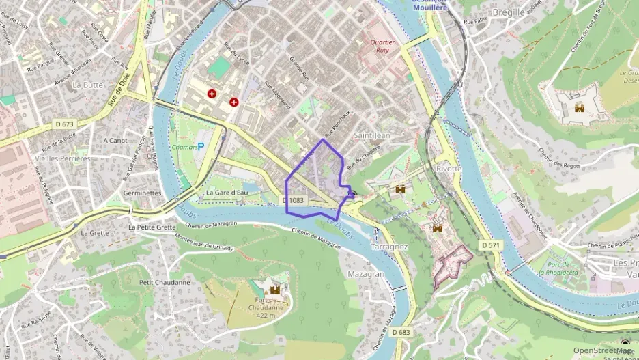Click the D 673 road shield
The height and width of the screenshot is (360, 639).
(x=64, y=124)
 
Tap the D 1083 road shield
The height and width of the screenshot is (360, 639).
(x=292, y=200)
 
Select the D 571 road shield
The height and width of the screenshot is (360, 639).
(x=490, y=245)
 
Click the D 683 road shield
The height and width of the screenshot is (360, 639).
(x=401, y=331)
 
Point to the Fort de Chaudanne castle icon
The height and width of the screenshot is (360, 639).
(x=275, y=290)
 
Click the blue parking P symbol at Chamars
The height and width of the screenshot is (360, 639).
(x=201, y=146)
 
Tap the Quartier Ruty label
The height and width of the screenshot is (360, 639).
(x=382, y=46)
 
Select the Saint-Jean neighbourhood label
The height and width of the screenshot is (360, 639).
(x=372, y=135)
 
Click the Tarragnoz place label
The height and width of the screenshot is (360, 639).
(x=389, y=247)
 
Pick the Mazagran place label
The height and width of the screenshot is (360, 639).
(x=365, y=273)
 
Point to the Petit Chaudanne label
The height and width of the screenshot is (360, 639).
(x=164, y=282)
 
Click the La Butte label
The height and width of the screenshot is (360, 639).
(x=87, y=85)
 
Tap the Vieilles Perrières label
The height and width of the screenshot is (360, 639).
(x=61, y=158)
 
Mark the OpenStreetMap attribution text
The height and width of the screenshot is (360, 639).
(x=603, y=350)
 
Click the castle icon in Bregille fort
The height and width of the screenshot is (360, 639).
(x=580, y=107)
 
